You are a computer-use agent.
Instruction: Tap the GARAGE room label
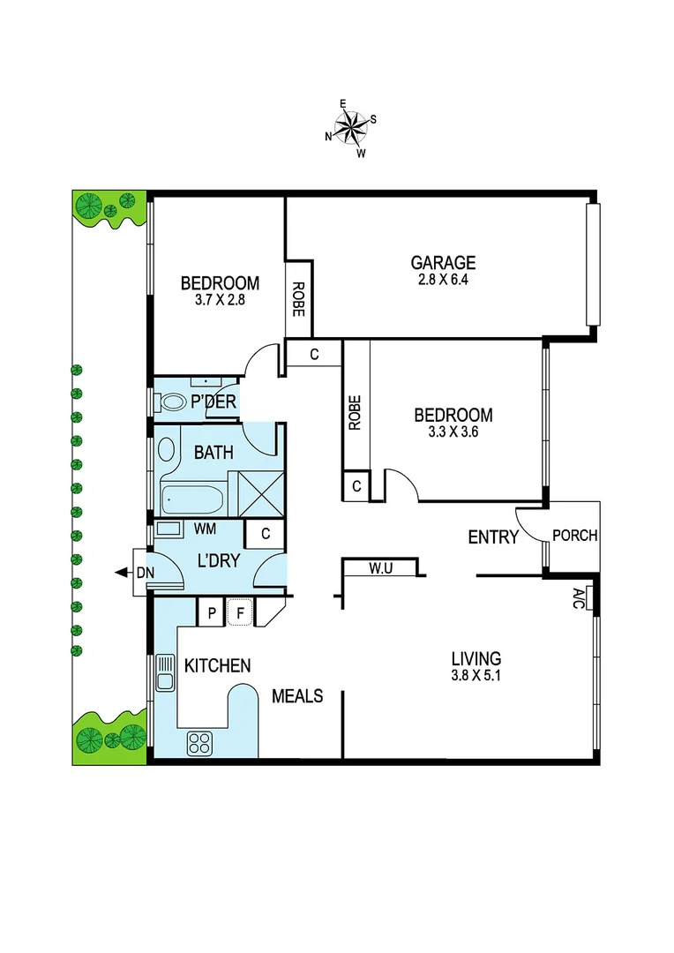(443, 262)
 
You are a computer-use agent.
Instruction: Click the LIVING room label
(476, 658)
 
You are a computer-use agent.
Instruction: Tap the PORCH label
(574, 536)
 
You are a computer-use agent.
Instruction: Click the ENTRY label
(492, 537)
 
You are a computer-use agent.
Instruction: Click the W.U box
(380, 568)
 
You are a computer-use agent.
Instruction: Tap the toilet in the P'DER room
(171, 402)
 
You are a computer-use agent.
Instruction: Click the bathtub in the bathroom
(192, 499)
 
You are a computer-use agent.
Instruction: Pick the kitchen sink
(164, 672)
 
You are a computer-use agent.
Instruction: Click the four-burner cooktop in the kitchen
(199, 743)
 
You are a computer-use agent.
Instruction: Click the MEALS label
(296, 696)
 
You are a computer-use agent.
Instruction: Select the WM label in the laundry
(206, 529)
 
